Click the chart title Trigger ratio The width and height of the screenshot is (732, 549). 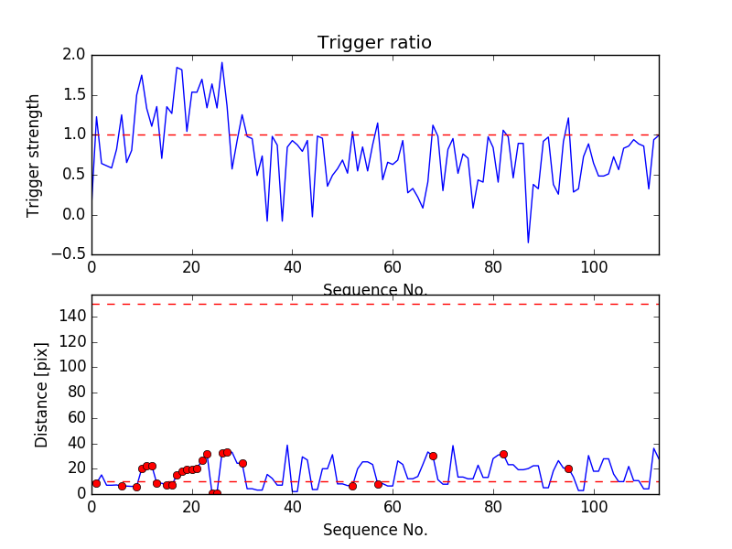pyautogui.click(x=374, y=43)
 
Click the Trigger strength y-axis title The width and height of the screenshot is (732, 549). pyautogui.click(x=34, y=155)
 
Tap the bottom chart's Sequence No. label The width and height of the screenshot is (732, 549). pyautogui.click(x=374, y=530)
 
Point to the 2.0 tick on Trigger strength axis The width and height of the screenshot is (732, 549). pyautogui.click(x=75, y=55)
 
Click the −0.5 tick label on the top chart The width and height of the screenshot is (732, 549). pyautogui.click(x=70, y=254)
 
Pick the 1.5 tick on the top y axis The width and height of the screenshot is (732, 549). pyautogui.click(x=75, y=95)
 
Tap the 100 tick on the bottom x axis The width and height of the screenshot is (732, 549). pyautogui.click(x=594, y=506)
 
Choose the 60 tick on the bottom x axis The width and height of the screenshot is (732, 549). pyautogui.click(x=393, y=506)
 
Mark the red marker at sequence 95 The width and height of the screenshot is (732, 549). pyautogui.click(x=568, y=468)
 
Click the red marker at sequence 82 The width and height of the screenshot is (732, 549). pyautogui.click(x=503, y=454)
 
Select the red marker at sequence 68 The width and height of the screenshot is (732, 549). pyautogui.click(x=433, y=456)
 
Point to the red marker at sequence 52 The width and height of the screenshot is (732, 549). pyautogui.click(x=352, y=486)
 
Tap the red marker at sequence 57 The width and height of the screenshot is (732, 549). pyautogui.click(x=378, y=484)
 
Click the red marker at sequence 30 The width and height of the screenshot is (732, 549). pyautogui.click(x=242, y=463)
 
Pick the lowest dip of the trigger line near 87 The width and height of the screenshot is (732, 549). pyautogui.click(x=528, y=242)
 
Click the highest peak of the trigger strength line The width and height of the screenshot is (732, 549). pyautogui.click(x=221, y=62)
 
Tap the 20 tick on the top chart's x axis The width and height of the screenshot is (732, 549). pyautogui.click(x=192, y=267)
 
